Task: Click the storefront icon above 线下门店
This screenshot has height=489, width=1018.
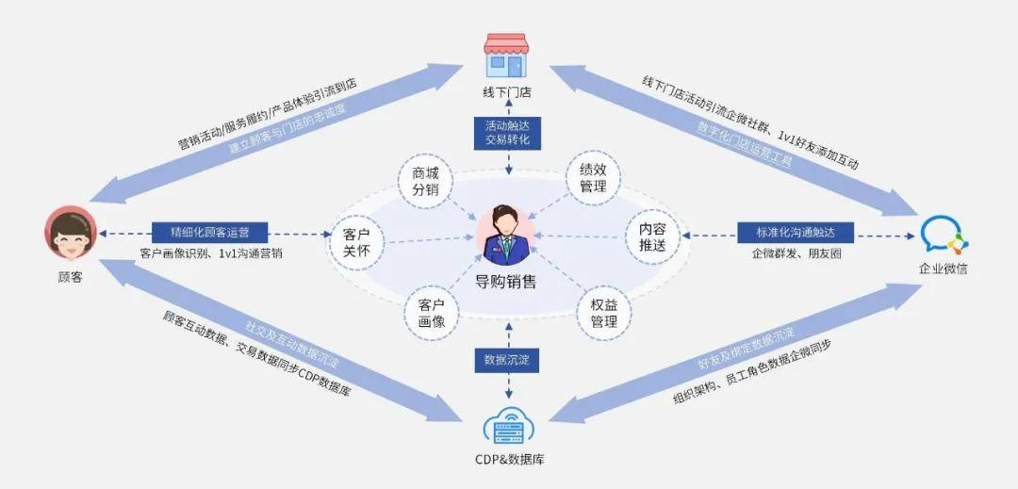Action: click(505, 56)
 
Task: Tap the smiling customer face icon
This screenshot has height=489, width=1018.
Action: click(70, 233)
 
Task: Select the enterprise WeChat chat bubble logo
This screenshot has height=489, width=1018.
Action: click(942, 234)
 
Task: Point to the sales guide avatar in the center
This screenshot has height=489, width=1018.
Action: click(505, 235)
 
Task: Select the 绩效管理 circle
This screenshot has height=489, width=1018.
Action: click(593, 178)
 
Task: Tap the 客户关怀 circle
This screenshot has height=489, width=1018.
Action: click(355, 240)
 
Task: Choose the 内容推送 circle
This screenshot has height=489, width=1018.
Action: click(652, 236)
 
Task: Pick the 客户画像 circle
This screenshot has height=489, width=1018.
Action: click(432, 313)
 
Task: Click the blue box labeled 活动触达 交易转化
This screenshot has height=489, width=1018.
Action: click(507, 132)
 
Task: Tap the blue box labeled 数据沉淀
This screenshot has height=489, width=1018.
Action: click(507, 360)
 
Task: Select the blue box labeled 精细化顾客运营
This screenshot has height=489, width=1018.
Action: click(209, 232)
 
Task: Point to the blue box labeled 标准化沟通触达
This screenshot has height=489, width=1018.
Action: click(796, 232)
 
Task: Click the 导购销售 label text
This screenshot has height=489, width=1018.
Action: click(506, 282)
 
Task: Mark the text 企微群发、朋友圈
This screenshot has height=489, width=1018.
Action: click(796, 253)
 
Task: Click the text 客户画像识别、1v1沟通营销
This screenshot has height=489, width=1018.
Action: click(211, 253)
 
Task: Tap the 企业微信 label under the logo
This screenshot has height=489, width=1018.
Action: click(943, 269)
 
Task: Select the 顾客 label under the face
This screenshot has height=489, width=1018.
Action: click(70, 278)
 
